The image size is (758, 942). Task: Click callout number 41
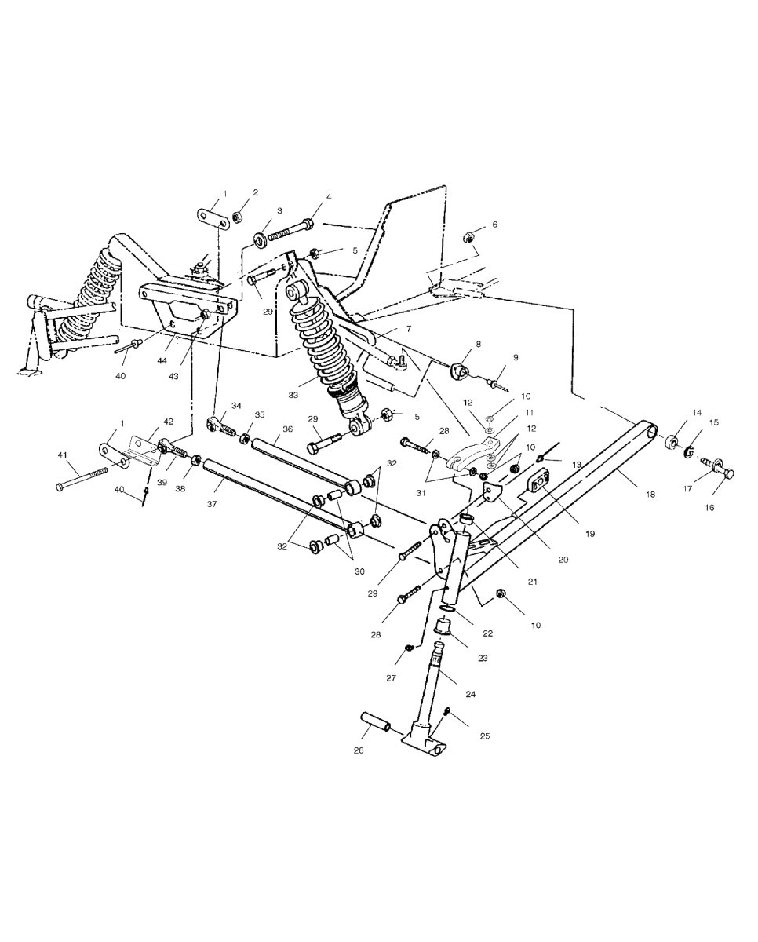pyautogui.click(x=63, y=455)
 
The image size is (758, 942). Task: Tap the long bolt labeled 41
pyautogui.click(x=82, y=478)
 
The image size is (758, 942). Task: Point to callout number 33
pyautogui.click(x=293, y=396)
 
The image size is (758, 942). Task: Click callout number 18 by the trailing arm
pyautogui.click(x=650, y=495)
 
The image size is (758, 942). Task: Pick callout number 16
pyautogui.click(x=709, y=508)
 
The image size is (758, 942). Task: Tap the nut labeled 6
pyautogui.click(x=469, y=237)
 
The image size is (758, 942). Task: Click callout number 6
pyautogui.click(x=495, y=225)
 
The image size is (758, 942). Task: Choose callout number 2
pyautogui.click(x=256, y=192)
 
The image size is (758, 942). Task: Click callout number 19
pyautogui.click(x=590, y=534)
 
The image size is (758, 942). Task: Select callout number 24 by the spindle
pyautogui.click(x=471, y=694)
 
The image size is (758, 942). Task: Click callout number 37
pyautogui.click(x=212, y=504)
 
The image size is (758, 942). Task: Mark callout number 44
pyautogui.click(x=162, y=361)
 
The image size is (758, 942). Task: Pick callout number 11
pyautogui.click(x=530, y=412)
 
